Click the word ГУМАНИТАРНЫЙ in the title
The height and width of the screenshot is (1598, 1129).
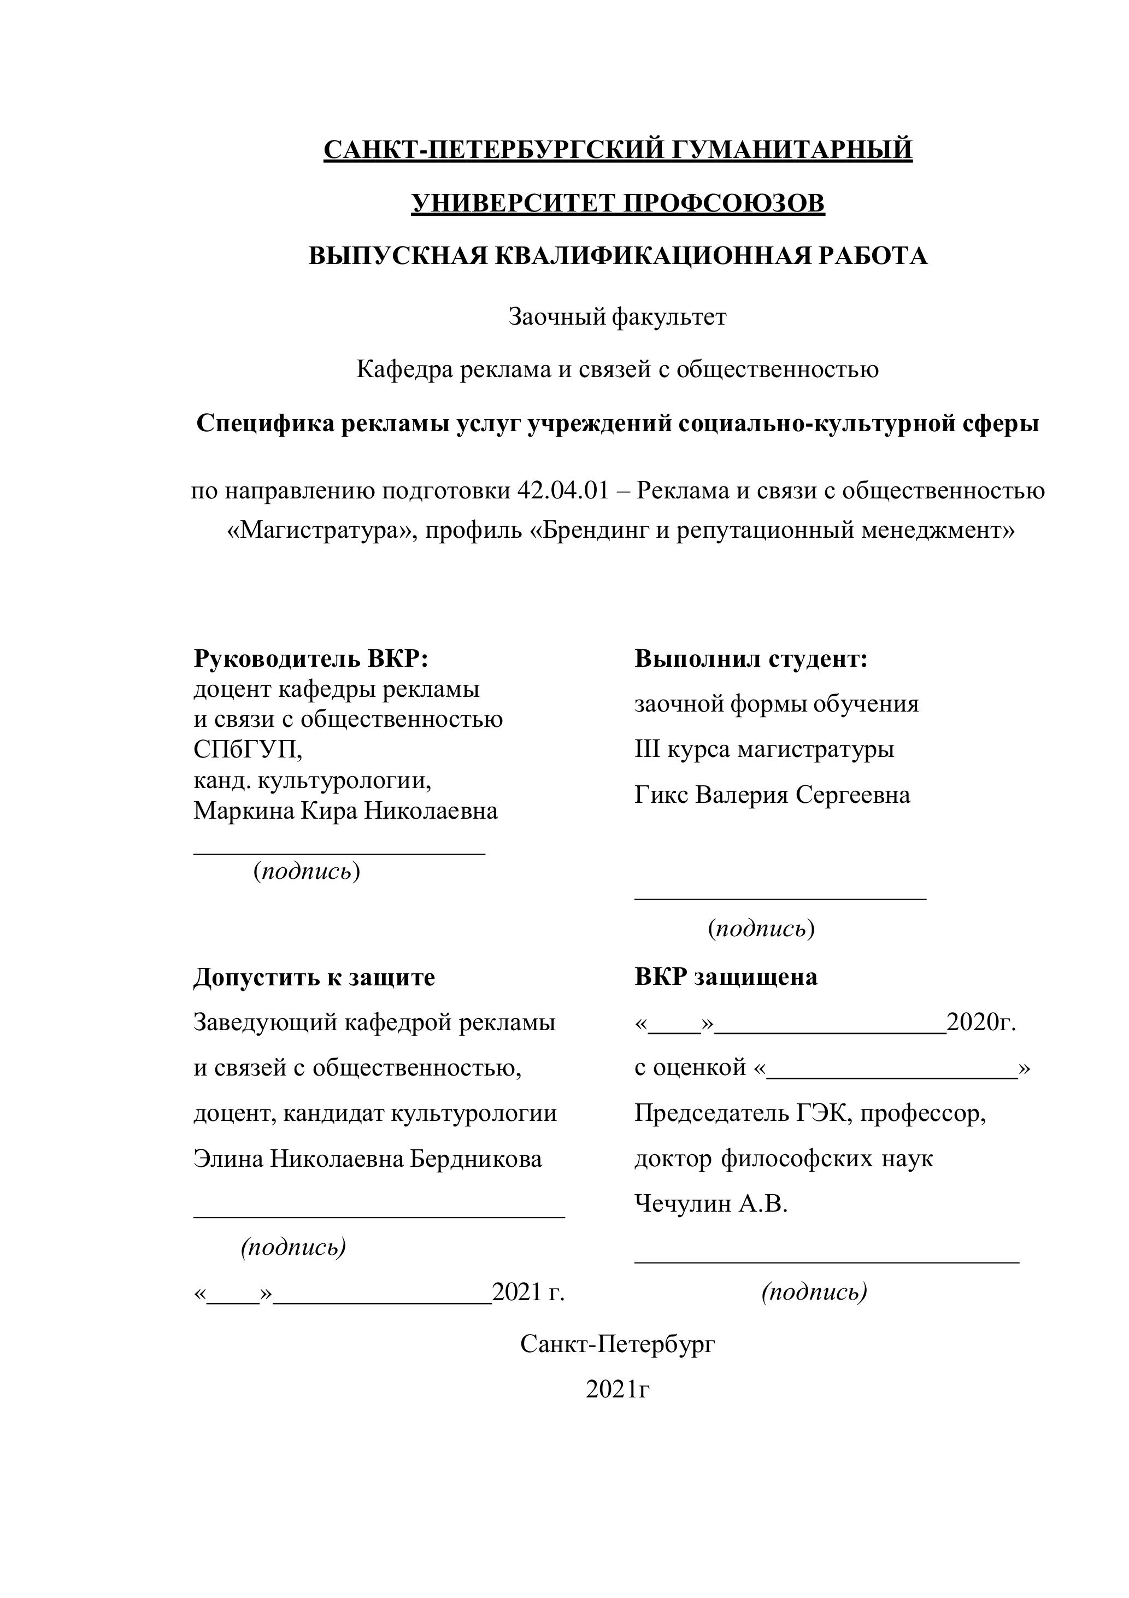point(785,150)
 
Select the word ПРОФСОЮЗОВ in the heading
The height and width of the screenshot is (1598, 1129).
point(724,203)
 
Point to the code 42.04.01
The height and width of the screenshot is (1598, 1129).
point(562,491)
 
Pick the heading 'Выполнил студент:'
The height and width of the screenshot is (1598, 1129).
point(751,659)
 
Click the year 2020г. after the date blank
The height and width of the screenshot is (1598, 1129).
point(981,1023)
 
